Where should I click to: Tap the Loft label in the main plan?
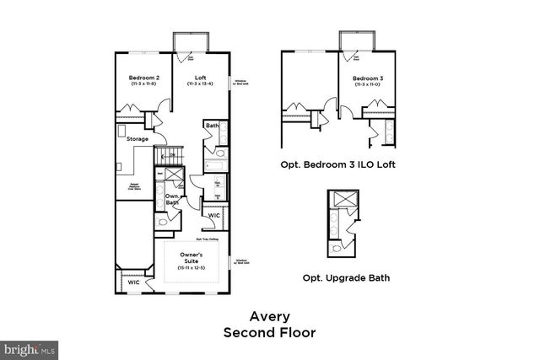point(202,77)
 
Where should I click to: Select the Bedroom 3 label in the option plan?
point(368,78)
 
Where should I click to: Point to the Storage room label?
point(138,139)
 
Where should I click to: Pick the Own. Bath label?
point(171,200)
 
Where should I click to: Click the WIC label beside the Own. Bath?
point(213,217)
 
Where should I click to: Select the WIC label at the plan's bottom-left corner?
point(133,282)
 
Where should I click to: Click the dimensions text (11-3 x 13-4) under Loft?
point(202,84)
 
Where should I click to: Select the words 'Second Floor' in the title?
point(269,333)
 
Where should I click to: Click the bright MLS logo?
point(30,347)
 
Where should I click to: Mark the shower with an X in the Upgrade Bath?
point(343,200)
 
